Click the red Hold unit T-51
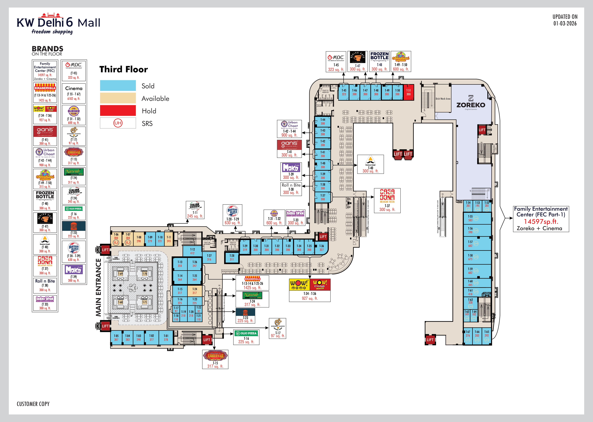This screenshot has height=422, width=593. (x=408, y=92)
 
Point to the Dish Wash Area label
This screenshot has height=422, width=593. (x=443, y=99)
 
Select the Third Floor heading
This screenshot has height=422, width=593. (x=124, y=69)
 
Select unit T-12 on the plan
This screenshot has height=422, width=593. (x=192, y=251)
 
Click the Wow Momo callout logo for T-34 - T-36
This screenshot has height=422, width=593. (x=310, y=285)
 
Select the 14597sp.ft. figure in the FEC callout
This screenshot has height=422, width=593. (x=541, y=221)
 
